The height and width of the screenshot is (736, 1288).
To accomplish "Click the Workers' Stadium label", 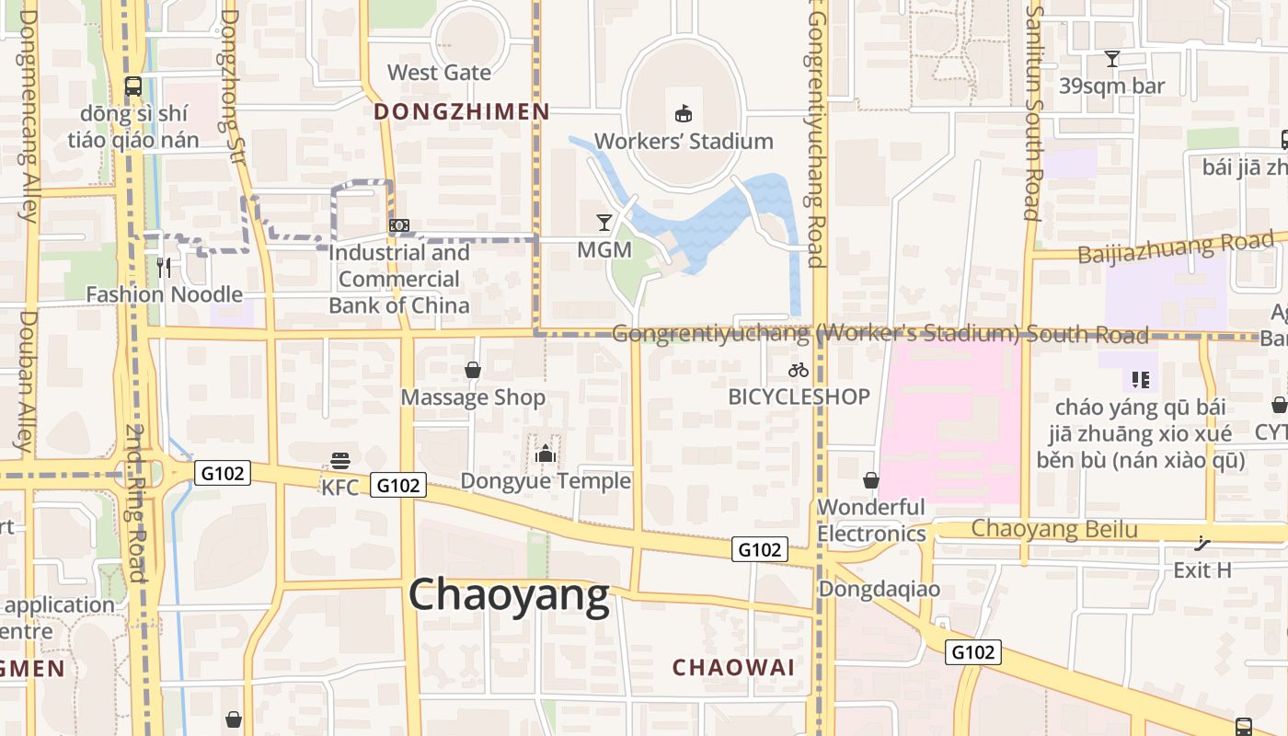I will [x=684, y=142].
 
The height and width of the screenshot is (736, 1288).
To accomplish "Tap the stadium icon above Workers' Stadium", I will [x=684, y=114].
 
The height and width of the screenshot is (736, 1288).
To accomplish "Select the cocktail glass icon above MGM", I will [x=604, y=223].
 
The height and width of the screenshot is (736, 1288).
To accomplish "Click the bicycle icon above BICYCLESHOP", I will [x=799, y=370].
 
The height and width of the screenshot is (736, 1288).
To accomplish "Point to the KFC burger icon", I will [x=340, y=460].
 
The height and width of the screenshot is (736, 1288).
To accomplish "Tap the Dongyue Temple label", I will [x=546, y=480].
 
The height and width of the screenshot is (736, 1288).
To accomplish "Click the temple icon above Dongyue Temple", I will [x=546, y=454].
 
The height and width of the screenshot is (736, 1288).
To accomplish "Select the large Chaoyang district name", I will [x=509, y=595].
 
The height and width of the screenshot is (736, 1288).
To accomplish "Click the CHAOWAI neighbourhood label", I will [x=733, y=668].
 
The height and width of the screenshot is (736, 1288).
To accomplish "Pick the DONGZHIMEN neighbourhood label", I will [x=462, y=112].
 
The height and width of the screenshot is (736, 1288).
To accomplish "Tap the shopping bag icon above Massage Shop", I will [x=473, y=370].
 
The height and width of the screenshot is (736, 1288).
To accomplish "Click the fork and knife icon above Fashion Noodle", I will [x=164, y=268].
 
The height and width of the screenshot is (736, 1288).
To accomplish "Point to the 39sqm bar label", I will [x=1112, y=86].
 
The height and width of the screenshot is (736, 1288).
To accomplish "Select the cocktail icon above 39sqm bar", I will [x=1112, y=59].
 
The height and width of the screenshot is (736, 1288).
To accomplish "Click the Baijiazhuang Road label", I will [x=1176, y=247].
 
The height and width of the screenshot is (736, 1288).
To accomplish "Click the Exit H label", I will [x=1202, y=570].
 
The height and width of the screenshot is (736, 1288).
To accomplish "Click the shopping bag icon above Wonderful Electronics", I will [x=870, y=480].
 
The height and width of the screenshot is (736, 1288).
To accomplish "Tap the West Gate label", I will [x=439, y=73].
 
